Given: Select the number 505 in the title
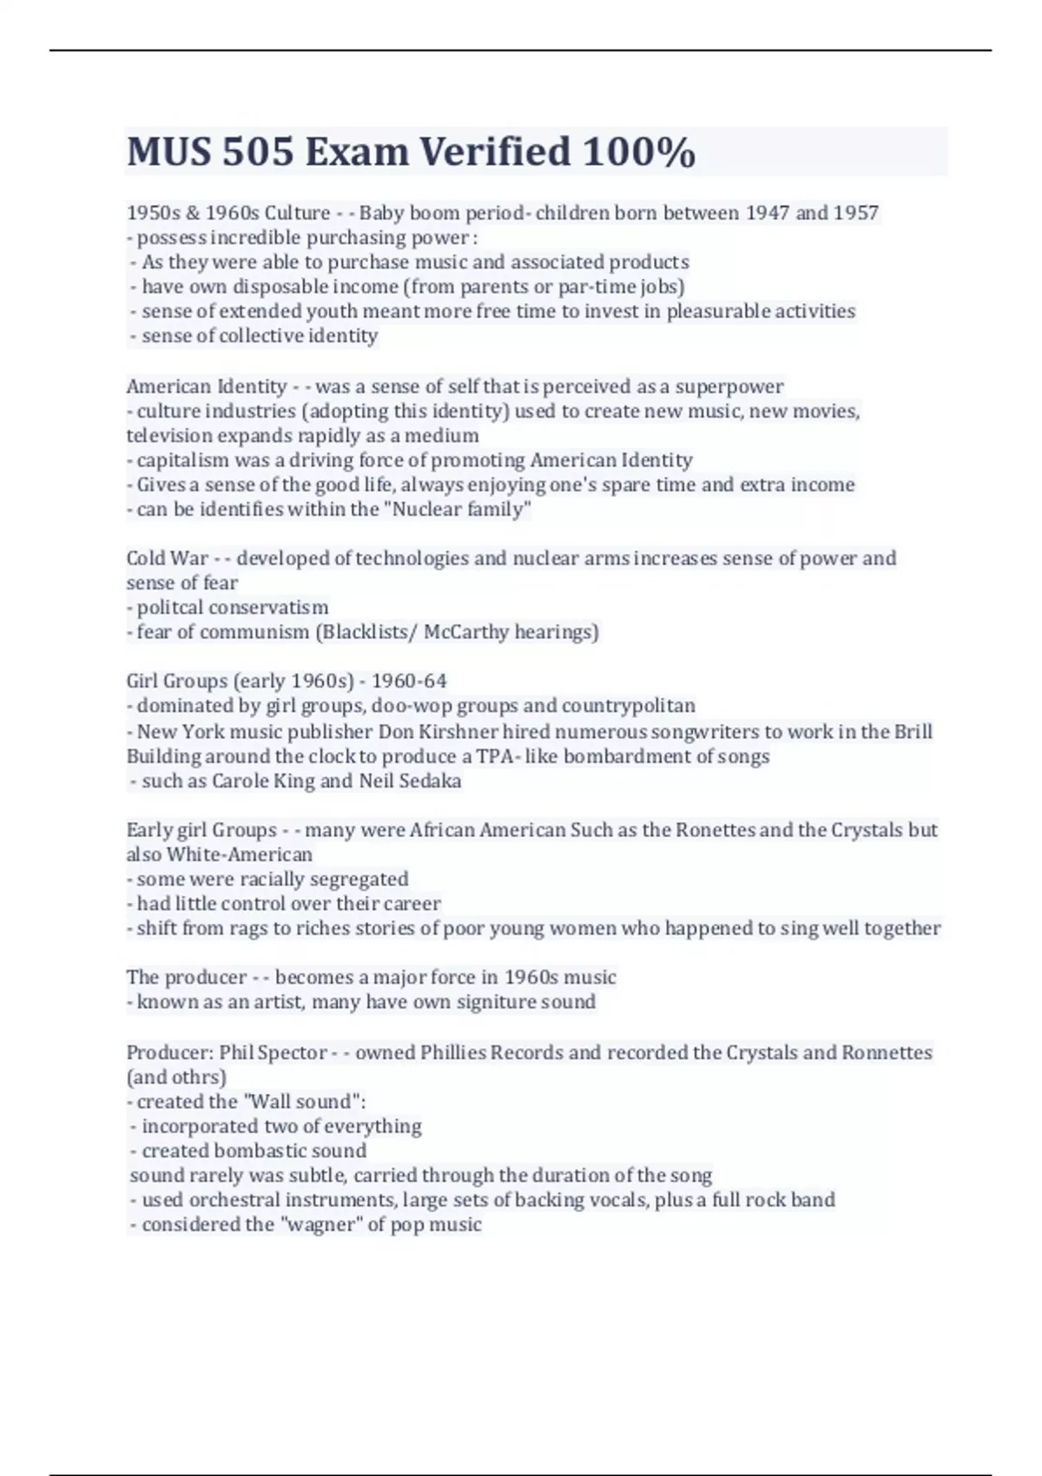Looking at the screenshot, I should (257, 152).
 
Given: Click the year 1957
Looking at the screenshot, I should (855, 213).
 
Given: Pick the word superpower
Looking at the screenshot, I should (729, 386).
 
